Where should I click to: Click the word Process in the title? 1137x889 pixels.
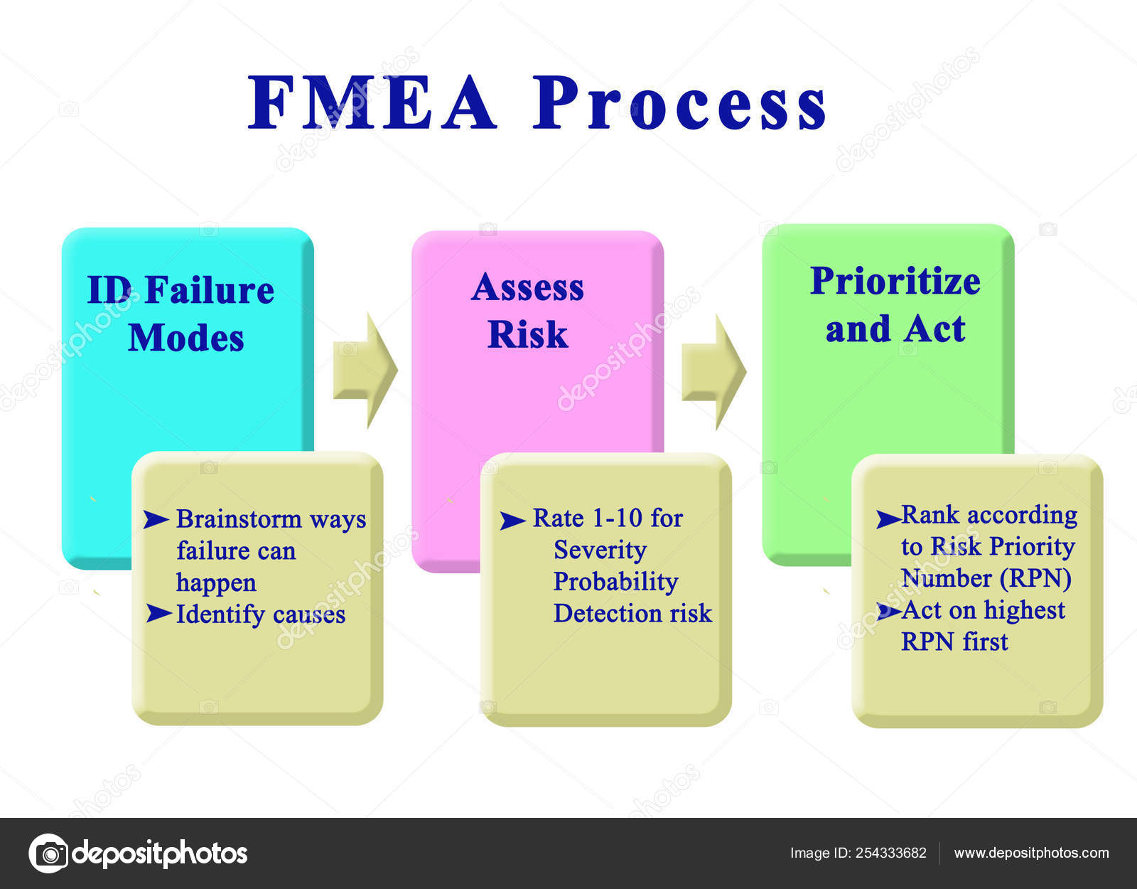tap(679, 103)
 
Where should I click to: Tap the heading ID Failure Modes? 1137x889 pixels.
tap(181, 313)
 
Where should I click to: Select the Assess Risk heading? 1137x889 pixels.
tap(527, 310)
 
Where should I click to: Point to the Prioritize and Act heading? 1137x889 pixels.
tap(895, 304)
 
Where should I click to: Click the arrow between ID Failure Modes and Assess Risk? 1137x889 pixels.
tap(365, 370)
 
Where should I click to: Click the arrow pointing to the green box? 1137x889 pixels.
tap(713, 371)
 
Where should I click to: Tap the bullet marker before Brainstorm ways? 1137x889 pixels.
tap(156, 520)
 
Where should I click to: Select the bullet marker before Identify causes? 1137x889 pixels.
tap(158, 613)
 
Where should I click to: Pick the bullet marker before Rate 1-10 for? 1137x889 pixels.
tap(512, 521)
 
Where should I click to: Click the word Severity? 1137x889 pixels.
tap(600, 550)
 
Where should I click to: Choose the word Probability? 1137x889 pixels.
tap(615, 581)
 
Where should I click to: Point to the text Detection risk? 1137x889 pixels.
tap(632, 613)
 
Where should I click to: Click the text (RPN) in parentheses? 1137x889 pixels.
tap(1035, 578)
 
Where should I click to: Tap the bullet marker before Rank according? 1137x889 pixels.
tap(888, 518)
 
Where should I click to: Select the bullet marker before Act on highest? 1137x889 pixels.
tap(888, 611)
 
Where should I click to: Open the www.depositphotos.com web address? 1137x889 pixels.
tap(1031, 853)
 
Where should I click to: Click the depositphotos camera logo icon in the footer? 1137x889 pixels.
tap(48, 853)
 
